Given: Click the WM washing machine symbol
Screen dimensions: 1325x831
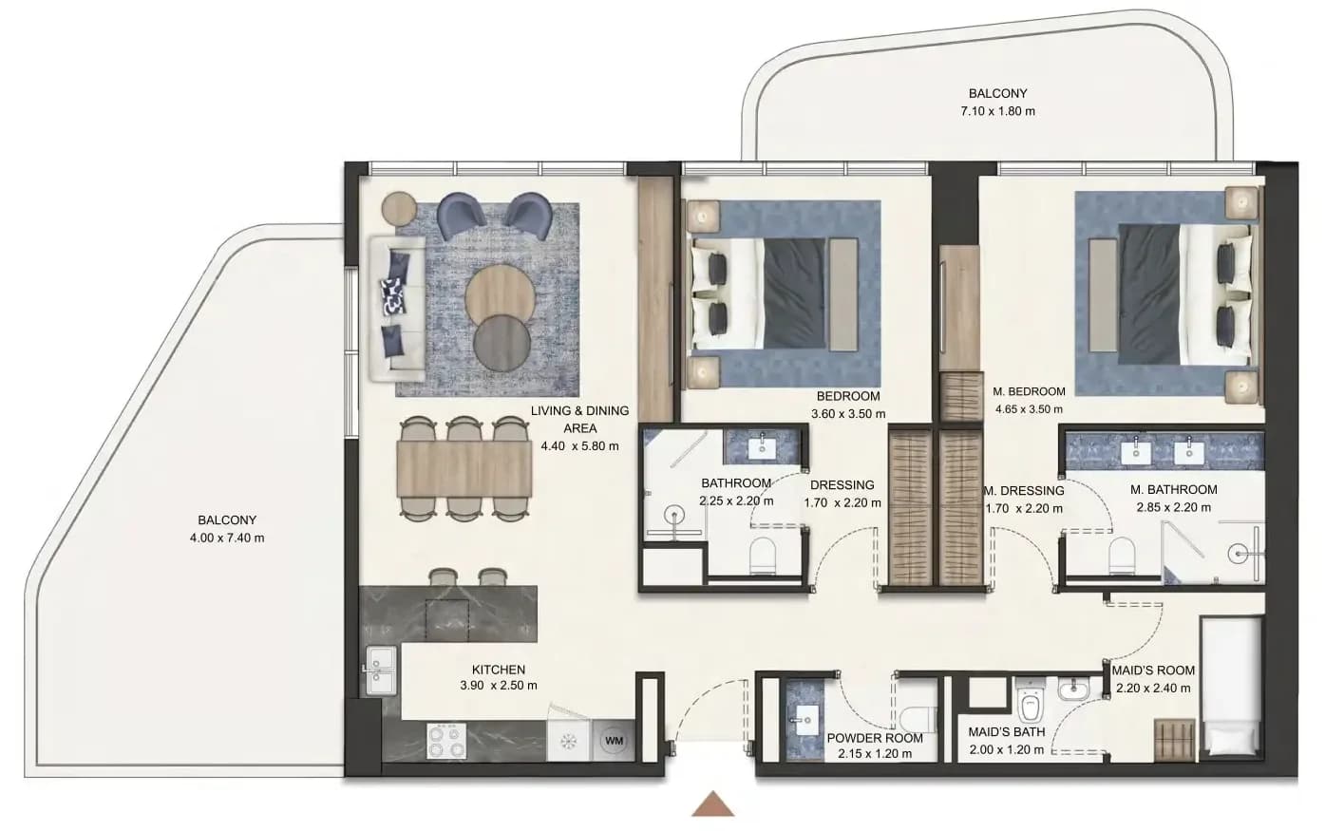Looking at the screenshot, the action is click(614, 741).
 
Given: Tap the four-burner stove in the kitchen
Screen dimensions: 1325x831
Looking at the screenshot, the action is click(446, 741).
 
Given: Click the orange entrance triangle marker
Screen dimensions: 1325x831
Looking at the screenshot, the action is click(712, 804).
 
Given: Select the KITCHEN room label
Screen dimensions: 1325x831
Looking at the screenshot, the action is click(499, 670).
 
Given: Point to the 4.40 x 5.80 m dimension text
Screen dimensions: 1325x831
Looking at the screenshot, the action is click(579, 446).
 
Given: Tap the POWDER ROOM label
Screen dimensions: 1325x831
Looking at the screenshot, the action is click(875, 738).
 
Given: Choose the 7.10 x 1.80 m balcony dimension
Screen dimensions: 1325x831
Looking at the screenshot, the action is click(998, 111).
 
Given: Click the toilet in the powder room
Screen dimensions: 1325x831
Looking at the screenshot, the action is click(918, 719).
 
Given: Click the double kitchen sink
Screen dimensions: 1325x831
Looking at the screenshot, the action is click(381, 670).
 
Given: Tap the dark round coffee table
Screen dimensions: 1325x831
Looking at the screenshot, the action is click(502, 343).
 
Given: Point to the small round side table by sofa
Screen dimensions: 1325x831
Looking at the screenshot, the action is click(399, 209).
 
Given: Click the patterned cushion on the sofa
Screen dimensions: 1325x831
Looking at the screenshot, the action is click(394, 295).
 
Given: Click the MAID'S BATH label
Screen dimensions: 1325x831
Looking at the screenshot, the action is click(1007, 731).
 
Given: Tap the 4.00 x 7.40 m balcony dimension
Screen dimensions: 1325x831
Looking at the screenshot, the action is click(227, 538).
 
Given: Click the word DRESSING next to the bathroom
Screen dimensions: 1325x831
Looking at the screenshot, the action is click(842, 485).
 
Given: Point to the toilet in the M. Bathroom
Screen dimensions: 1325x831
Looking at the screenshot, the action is click(1122, 556).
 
